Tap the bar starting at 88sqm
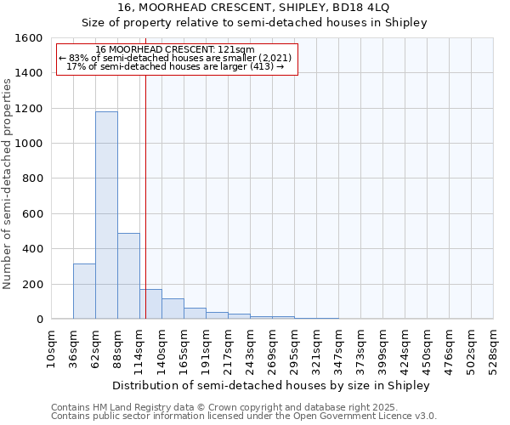point(128,276)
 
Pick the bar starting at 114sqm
point(150,304)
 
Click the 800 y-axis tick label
point(31,178)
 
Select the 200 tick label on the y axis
point(31,284)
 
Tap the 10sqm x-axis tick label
point(51,348)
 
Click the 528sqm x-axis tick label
point(493,348)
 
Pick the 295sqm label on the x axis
point(294,348)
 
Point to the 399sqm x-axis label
point(382,348)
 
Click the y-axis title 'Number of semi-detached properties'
point(8,178)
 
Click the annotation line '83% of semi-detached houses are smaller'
point(176,58)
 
